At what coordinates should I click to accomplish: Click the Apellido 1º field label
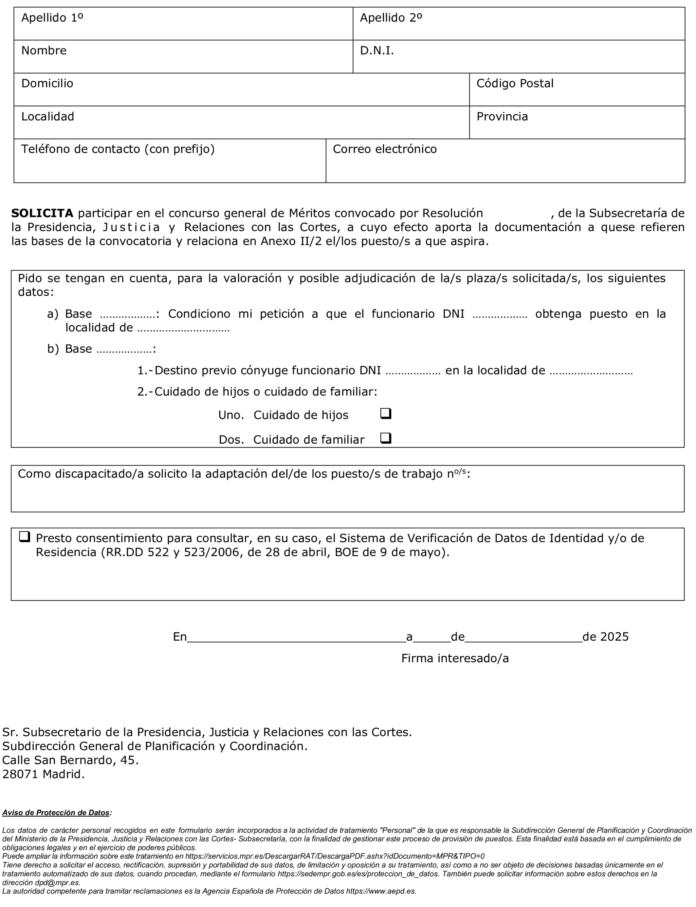[x=52, y=18]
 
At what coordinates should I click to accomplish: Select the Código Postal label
[x=515, y=83]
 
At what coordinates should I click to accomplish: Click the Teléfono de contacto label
[x=118, y=149]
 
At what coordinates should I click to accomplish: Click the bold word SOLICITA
[x=42, y=213]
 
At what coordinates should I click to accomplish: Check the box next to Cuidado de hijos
[x=385, y=414]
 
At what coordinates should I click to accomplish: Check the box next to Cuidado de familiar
[x=385, y=438]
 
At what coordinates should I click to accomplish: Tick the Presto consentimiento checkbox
[x=25, y=537]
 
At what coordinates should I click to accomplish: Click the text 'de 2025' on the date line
[x=605, y=637]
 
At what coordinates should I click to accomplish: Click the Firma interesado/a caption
[x=454, y=658]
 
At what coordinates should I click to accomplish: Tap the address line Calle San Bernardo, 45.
[x=70, y=760]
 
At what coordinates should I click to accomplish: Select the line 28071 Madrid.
[x=43, y=774]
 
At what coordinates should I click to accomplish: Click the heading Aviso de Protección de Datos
[x=56, y=813]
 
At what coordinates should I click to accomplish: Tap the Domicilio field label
[x=47, y=83]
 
